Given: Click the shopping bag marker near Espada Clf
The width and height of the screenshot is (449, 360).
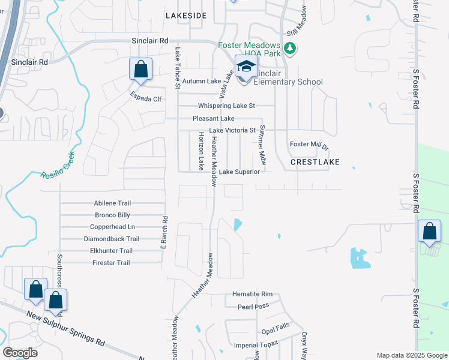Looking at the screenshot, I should (x=140, y=69).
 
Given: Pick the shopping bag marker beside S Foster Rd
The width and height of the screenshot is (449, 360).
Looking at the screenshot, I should (x=430, y=231).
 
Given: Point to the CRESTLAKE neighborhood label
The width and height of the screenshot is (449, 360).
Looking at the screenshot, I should (x=315, y=162).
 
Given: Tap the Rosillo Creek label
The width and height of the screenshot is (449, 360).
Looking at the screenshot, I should (x=58, y=166).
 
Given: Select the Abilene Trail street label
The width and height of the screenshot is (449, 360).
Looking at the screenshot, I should (x=112, y=203).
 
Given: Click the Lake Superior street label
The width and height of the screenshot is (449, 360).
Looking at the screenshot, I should (x=239, y=172).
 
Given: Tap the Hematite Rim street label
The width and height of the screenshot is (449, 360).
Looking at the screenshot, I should (x=253, y=295).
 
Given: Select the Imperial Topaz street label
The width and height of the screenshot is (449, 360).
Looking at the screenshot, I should (x=256, y=344).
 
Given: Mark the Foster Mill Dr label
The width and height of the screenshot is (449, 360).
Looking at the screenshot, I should (x=309, y=145).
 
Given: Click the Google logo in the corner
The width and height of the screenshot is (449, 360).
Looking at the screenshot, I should (x=20, y=353).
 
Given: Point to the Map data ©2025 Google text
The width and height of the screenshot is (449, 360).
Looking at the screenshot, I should (x=411, y=355).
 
